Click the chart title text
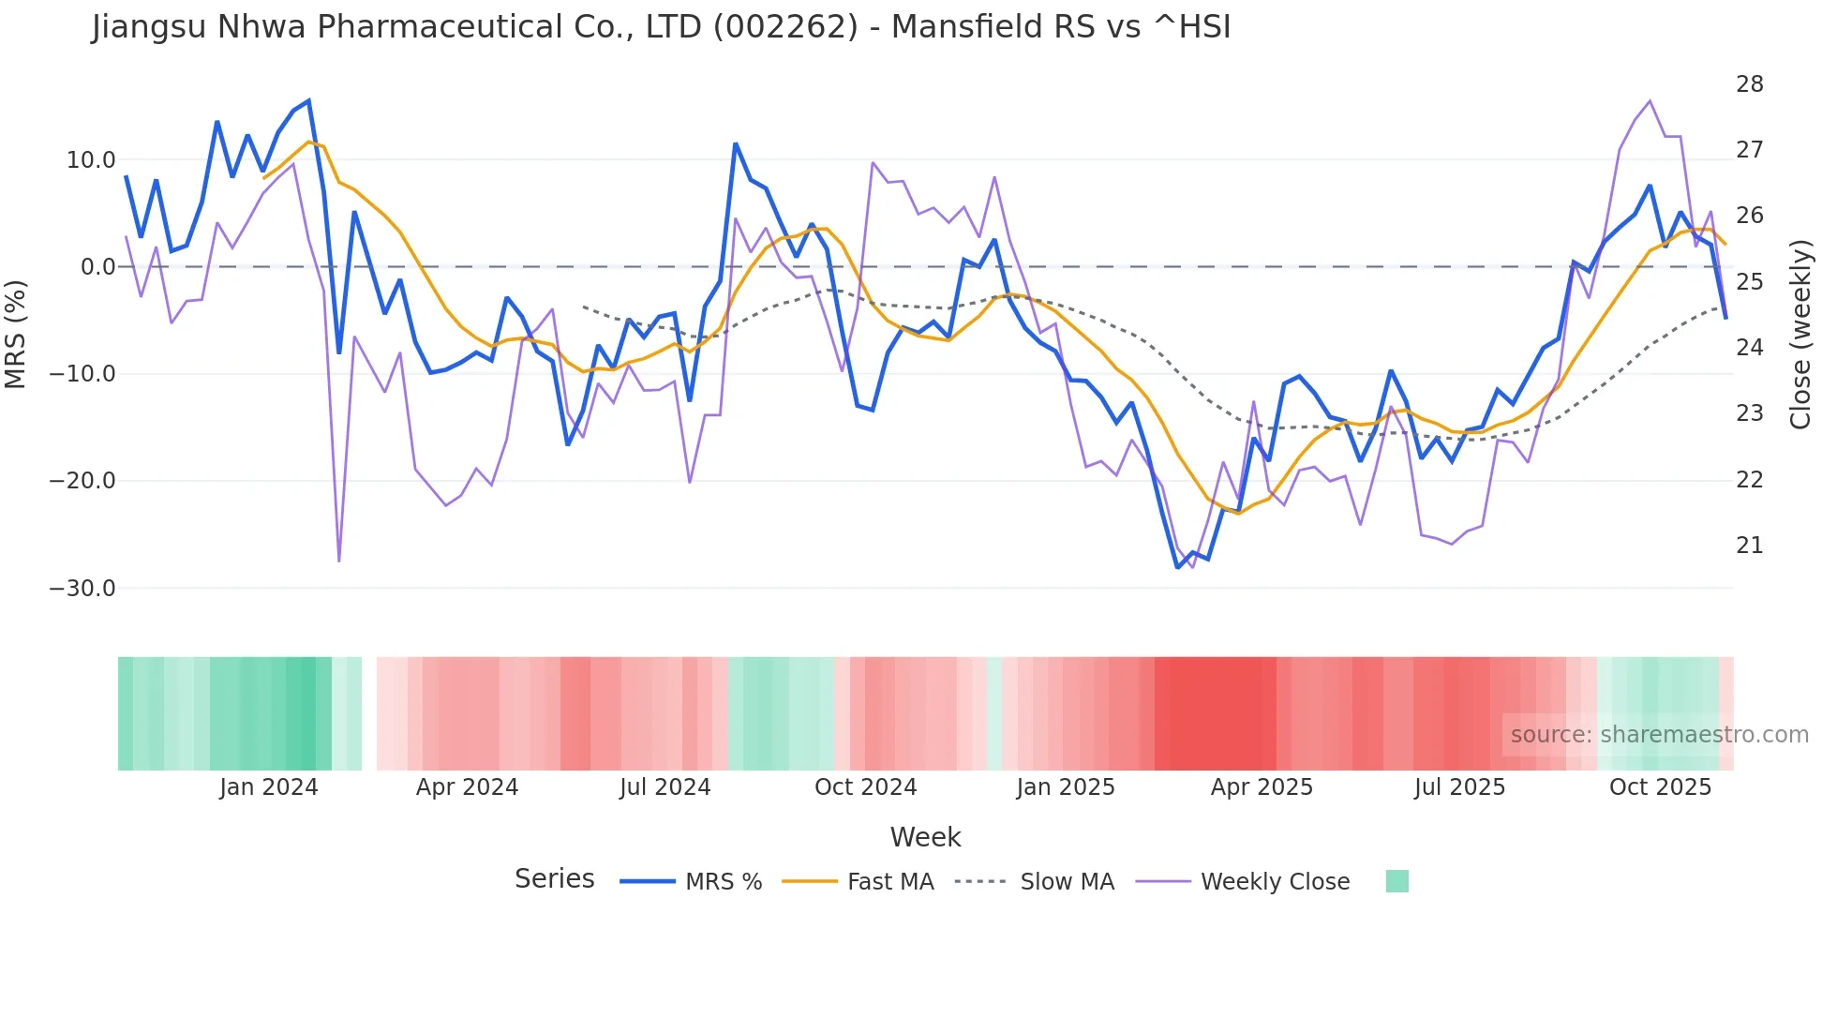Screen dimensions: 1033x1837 tap(661, 27)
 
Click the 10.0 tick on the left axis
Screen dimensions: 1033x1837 tap(91, 160)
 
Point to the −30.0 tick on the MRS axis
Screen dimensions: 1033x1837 tap(82, 589)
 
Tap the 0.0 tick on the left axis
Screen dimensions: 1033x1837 tap(97, 267)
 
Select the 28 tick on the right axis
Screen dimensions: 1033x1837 tap(1749, 84)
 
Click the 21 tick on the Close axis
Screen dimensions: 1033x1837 tap(1749, 546)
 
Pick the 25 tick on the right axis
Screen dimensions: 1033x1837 tap(1749, 282)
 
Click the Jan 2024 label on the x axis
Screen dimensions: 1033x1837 tap(269, 787)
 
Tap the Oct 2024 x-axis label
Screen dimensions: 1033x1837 tap(865, 787)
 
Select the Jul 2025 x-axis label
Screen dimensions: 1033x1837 tap(1459, 787)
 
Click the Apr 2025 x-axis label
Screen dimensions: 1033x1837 tap(1262, 787)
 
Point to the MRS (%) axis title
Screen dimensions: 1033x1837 tap(16, 334)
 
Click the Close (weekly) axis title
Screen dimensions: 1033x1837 tap(1800, 335)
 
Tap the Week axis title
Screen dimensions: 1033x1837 tap(925, 837)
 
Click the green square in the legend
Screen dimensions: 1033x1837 tap(1396, 881)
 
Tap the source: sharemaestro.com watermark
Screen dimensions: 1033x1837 tap(1659, 735)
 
